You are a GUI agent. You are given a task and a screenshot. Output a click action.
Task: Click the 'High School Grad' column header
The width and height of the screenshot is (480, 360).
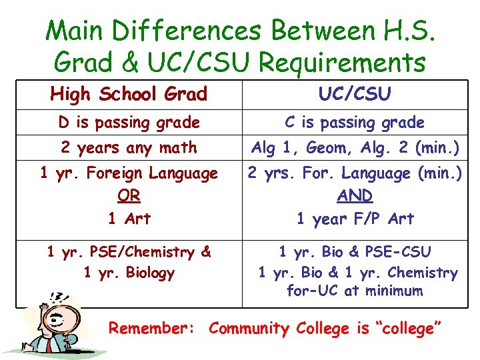(x=129, y=95)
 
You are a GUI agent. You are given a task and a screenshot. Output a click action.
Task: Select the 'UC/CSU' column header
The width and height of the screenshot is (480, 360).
(x=355, y=95)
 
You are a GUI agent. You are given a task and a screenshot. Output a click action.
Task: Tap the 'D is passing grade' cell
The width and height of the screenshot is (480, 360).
(x=129, y=123)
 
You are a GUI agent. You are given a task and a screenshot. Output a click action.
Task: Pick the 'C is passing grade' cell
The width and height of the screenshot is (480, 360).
(x=355, y=123)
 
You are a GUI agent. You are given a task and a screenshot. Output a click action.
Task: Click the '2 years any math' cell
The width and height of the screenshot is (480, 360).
(x=129, y=148)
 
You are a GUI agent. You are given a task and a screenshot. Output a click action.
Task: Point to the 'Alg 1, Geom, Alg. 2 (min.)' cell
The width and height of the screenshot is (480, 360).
(x=355, y=148)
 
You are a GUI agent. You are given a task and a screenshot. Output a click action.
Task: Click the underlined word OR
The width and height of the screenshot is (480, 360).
(x=129, y=196)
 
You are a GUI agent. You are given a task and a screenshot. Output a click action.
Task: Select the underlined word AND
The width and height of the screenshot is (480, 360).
(x=355, y=196)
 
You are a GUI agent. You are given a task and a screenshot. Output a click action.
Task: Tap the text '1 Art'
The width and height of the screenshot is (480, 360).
(x=129, y=219)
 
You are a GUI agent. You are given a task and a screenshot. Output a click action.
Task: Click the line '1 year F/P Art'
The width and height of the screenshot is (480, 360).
(x=355, y=219)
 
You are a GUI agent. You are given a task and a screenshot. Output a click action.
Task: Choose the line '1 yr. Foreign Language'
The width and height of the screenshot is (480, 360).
(x=129, y=173)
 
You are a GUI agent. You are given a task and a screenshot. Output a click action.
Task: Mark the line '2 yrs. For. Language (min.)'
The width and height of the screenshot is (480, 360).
(x=355, y=173)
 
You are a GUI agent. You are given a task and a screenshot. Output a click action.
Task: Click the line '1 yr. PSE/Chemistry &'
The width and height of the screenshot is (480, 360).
(x=129, y=252)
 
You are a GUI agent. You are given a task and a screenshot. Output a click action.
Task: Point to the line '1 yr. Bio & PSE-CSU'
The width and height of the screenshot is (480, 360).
(x=355, y=252)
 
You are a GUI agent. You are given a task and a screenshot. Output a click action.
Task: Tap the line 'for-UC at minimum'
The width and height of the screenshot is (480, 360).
(x=355, y=291)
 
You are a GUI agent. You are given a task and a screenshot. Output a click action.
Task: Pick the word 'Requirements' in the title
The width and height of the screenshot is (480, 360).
(x=342, y=63)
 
